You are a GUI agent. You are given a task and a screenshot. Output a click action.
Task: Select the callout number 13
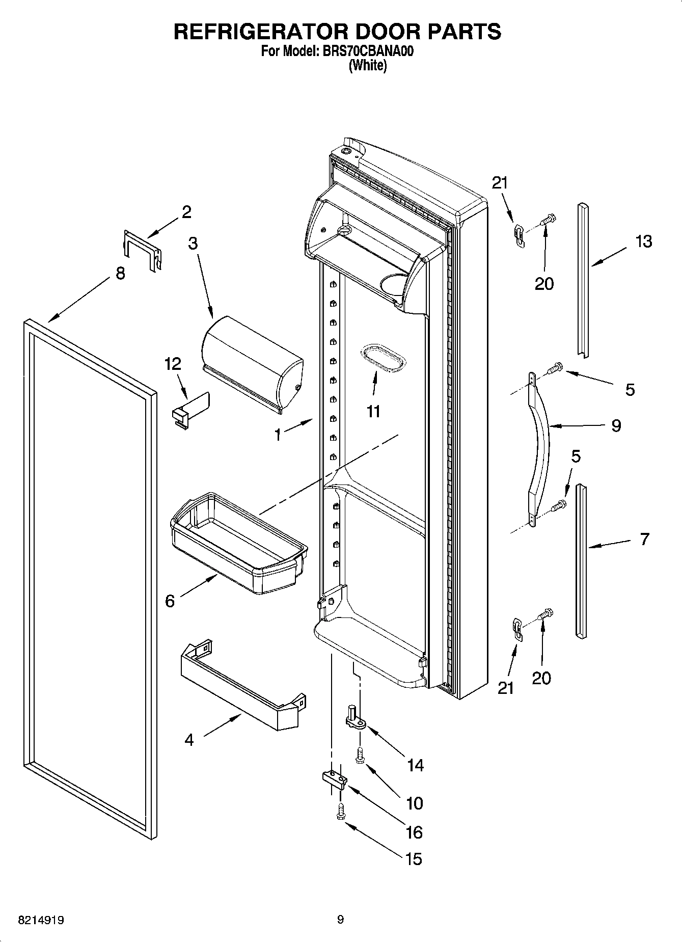coord(644,241)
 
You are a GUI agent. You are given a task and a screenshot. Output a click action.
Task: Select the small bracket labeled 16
coord(334,778)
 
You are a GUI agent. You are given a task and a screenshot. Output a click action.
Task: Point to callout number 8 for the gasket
coord(120,274)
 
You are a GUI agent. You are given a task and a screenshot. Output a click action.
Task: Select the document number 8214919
coord(41,920)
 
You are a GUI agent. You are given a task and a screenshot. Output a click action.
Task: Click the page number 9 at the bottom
coord(340,920)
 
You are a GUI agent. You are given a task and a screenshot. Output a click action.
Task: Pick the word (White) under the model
coord(367,66)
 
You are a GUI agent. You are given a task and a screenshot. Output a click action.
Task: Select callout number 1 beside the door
coord(278,435)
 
